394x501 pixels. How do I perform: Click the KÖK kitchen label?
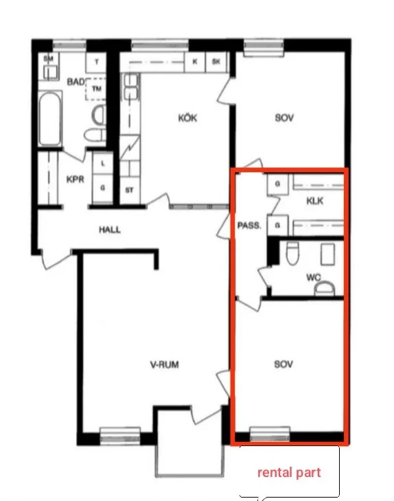187,118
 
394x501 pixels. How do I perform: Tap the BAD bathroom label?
76,82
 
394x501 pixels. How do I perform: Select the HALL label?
110,229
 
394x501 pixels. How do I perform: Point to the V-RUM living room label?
165,364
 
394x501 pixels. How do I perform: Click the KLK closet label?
315,201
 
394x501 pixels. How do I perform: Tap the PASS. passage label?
249,226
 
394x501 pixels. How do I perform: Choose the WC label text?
314,277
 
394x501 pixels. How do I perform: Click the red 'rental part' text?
289,473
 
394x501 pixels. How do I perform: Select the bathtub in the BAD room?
49,119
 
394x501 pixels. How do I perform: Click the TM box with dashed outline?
95,89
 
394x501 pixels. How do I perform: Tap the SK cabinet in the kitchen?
216,62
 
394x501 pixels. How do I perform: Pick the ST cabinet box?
130,191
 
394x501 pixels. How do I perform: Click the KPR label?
76,180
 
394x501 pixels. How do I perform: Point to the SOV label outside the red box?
284,118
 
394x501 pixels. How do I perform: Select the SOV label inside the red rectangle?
283,364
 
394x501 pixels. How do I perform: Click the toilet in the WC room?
292,253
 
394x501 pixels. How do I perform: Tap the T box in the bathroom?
96,62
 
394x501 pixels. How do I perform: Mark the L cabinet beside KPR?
102,163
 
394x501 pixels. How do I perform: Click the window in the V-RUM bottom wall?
120,435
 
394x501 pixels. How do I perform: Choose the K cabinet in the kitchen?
195,62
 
